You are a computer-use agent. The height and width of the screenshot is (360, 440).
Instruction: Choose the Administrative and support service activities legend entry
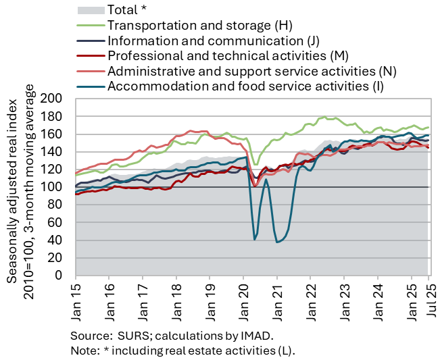click(251, 71)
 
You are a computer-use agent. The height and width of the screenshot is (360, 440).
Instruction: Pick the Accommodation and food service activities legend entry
click(245, 86)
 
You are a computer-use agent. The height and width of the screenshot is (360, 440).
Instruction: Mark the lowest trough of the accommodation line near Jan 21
click(277, 242)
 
